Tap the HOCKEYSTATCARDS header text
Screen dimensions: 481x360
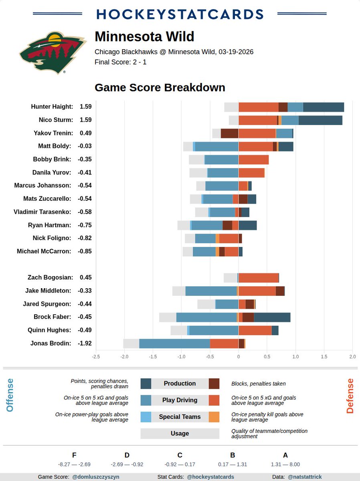click(x=180, y=14)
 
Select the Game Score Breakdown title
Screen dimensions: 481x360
click(x=160, y=87)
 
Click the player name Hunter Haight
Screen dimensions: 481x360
click(x=52, y=107)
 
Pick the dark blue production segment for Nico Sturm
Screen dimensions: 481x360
click(x=320, y=120)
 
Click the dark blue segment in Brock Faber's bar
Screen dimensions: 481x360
click(x=272, y=317)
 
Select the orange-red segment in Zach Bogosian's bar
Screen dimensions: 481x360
click(x=259, y=277)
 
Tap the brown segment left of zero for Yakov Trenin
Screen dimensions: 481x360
click(x=229, y=133)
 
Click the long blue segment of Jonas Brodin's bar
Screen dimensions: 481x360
click(x=174, y=344)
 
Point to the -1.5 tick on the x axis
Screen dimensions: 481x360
click(x=153, y=356)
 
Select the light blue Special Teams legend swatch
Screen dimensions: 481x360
click(x=146, y=417)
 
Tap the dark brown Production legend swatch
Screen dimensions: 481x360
click(x=214, y=384)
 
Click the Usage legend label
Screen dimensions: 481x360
click(x=180, y=433)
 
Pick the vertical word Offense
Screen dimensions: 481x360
click(x=10, y=395)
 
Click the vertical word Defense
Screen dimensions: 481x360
click(x=350, y=396)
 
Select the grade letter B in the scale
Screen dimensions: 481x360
click(x=233, y=455)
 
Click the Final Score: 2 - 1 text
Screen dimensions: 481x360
click(x=120, y=62)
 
